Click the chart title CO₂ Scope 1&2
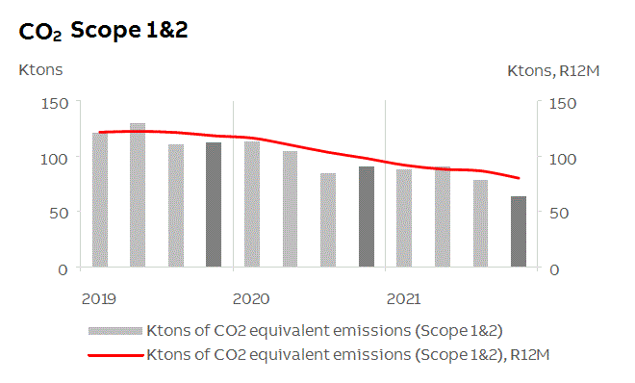tap(103, 31)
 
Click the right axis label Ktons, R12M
tap(551, 70)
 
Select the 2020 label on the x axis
tap(250, 298)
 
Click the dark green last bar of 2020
tap(366, 217)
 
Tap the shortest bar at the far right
tap(518, 232)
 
